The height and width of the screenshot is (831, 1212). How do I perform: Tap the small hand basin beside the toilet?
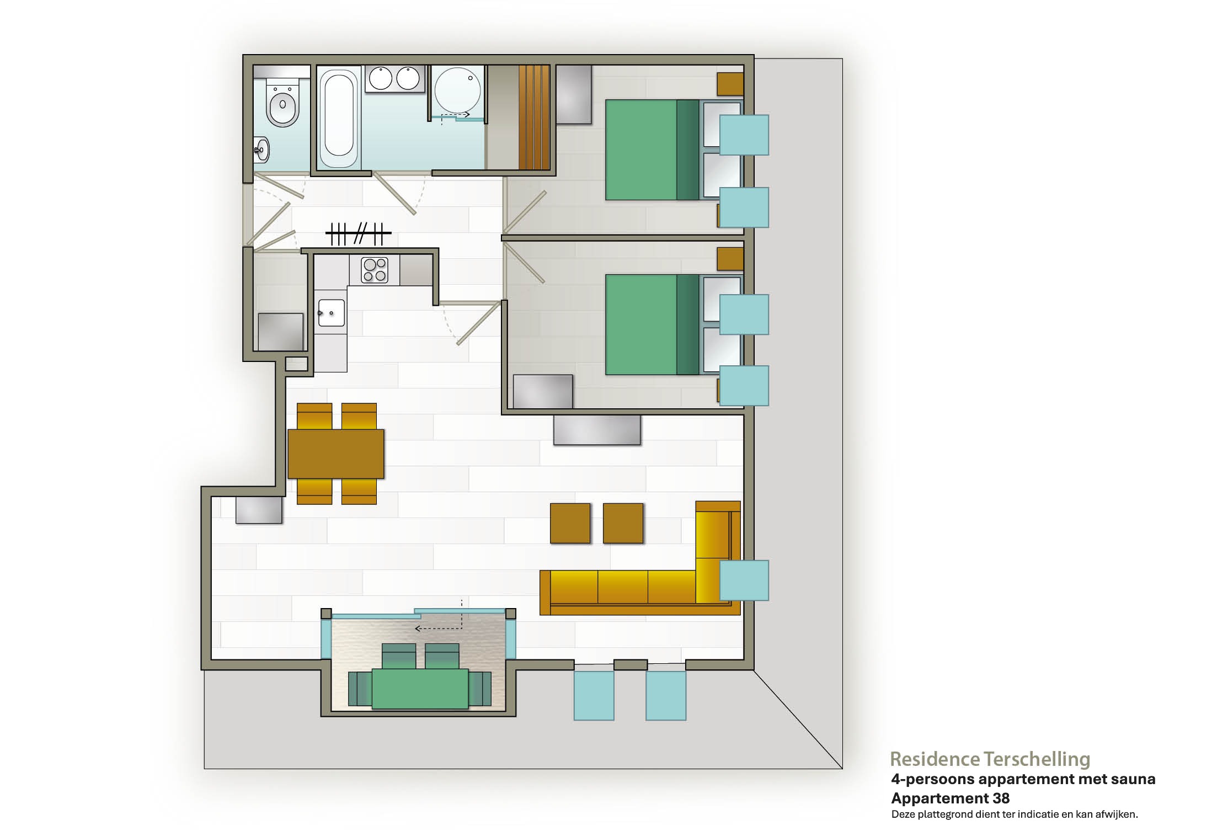[x=261, y=149]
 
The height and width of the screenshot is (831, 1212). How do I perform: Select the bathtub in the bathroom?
[x=339, y=117]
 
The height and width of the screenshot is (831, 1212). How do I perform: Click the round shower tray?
[x=457, y=91]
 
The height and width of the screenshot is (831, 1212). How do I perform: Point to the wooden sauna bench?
[x=534, y=117]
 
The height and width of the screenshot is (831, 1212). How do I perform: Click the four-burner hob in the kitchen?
[x=375, y=270]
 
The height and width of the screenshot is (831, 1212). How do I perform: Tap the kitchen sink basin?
[x=331, y=313]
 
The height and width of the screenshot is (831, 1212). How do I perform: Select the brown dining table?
[x=335, y=454]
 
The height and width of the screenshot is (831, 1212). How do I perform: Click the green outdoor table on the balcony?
[x=420, y=688]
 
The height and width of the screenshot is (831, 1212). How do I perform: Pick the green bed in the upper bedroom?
[x=652, y=150]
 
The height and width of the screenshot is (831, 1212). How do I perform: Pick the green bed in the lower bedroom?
[x=652, y=324]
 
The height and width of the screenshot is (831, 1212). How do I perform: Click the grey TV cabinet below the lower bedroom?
[x=597, y=429]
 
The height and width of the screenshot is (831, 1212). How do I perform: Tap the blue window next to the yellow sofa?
[x=744, y=580]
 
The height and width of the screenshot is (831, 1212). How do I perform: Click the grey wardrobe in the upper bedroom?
[x=573, y=94]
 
